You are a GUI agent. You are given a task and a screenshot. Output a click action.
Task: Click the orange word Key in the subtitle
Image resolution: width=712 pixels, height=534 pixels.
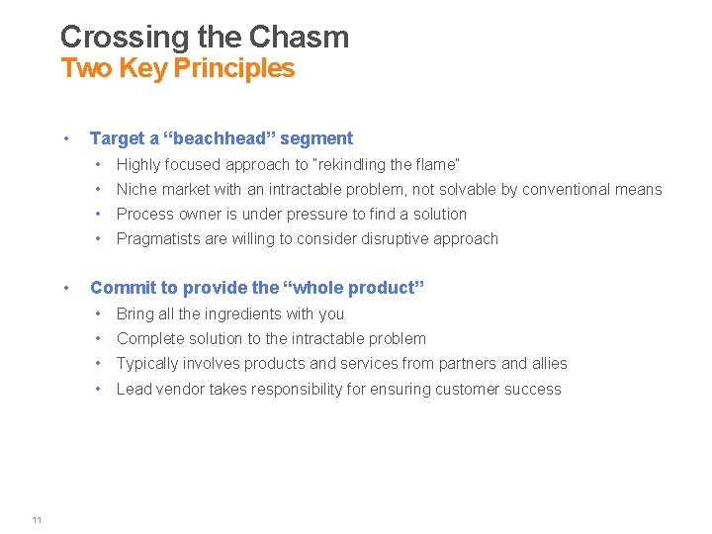click(x=143, y=68)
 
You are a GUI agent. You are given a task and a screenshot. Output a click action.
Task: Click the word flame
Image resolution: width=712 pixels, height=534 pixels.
click(x=436, y=164)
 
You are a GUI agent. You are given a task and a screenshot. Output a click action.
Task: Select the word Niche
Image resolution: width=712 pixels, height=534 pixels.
click(x=136, y=189)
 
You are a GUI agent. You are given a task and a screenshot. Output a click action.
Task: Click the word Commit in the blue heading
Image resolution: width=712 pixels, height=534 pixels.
click(x=119, y=288)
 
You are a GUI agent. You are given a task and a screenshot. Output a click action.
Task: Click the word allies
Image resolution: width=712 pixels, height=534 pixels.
click(x=547, y=363)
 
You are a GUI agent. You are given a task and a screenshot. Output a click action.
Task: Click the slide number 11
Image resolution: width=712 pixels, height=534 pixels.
click(x=37, y=521)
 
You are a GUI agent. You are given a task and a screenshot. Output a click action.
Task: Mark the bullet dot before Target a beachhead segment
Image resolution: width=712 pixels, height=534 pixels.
click(x=64, y=138)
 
